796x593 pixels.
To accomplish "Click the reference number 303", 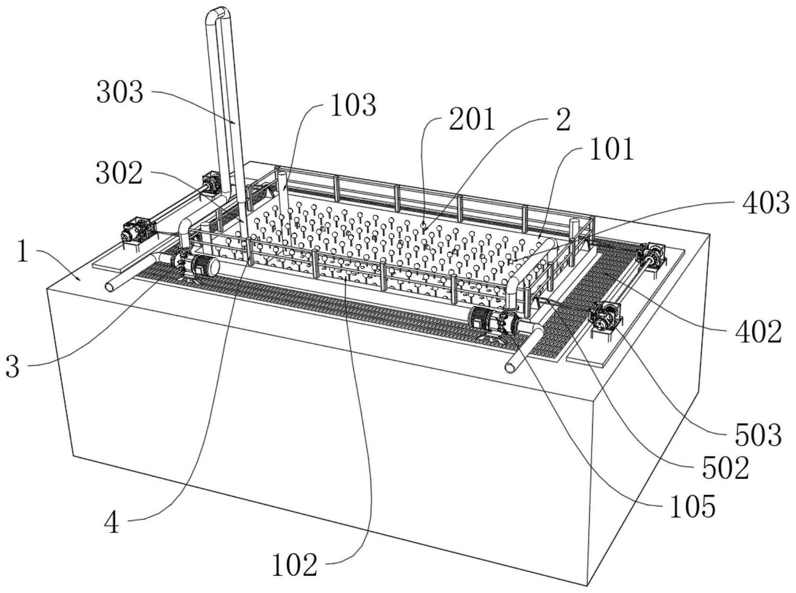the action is (120, 92).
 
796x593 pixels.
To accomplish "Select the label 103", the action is (353, 105).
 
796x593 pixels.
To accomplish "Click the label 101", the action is (612, 149).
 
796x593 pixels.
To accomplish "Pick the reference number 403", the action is (766, 203).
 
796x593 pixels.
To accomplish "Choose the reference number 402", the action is (758, 331).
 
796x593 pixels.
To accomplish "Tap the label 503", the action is (758, 435).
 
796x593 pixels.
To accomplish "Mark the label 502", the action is (726, 468).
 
